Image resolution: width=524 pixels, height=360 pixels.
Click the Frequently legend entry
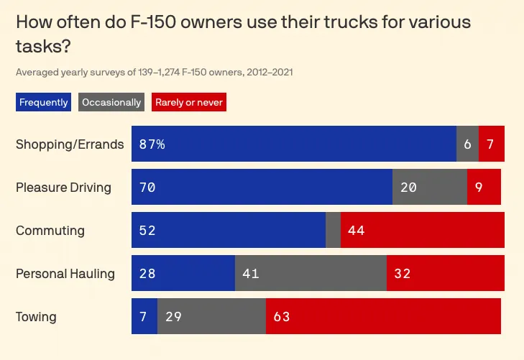[x=43, y=102]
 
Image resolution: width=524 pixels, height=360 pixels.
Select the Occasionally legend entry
[x=111, y=102]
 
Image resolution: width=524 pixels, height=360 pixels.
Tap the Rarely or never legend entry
[x=189, y=102]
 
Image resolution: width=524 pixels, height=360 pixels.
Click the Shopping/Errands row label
[x=70, y=144]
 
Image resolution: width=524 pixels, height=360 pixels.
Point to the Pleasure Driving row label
[x=63, y=188]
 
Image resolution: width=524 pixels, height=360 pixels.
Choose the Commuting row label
[x=50, y=231]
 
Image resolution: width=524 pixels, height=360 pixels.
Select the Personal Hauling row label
[x=65, y=274]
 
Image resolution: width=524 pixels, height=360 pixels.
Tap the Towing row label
[x=36, y=317]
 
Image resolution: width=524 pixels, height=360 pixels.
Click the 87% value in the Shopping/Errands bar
[x=152, y=144]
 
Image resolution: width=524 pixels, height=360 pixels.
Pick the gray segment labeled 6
[x=467, y=144]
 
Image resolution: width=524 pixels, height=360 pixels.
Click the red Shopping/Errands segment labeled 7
[x=491, y=144]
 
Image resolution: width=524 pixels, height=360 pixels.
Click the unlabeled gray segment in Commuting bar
[x=333, y=231]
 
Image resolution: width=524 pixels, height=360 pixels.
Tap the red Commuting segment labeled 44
[x=423, y=231]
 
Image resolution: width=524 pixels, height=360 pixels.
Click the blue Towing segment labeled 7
[x=144, y=317]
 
